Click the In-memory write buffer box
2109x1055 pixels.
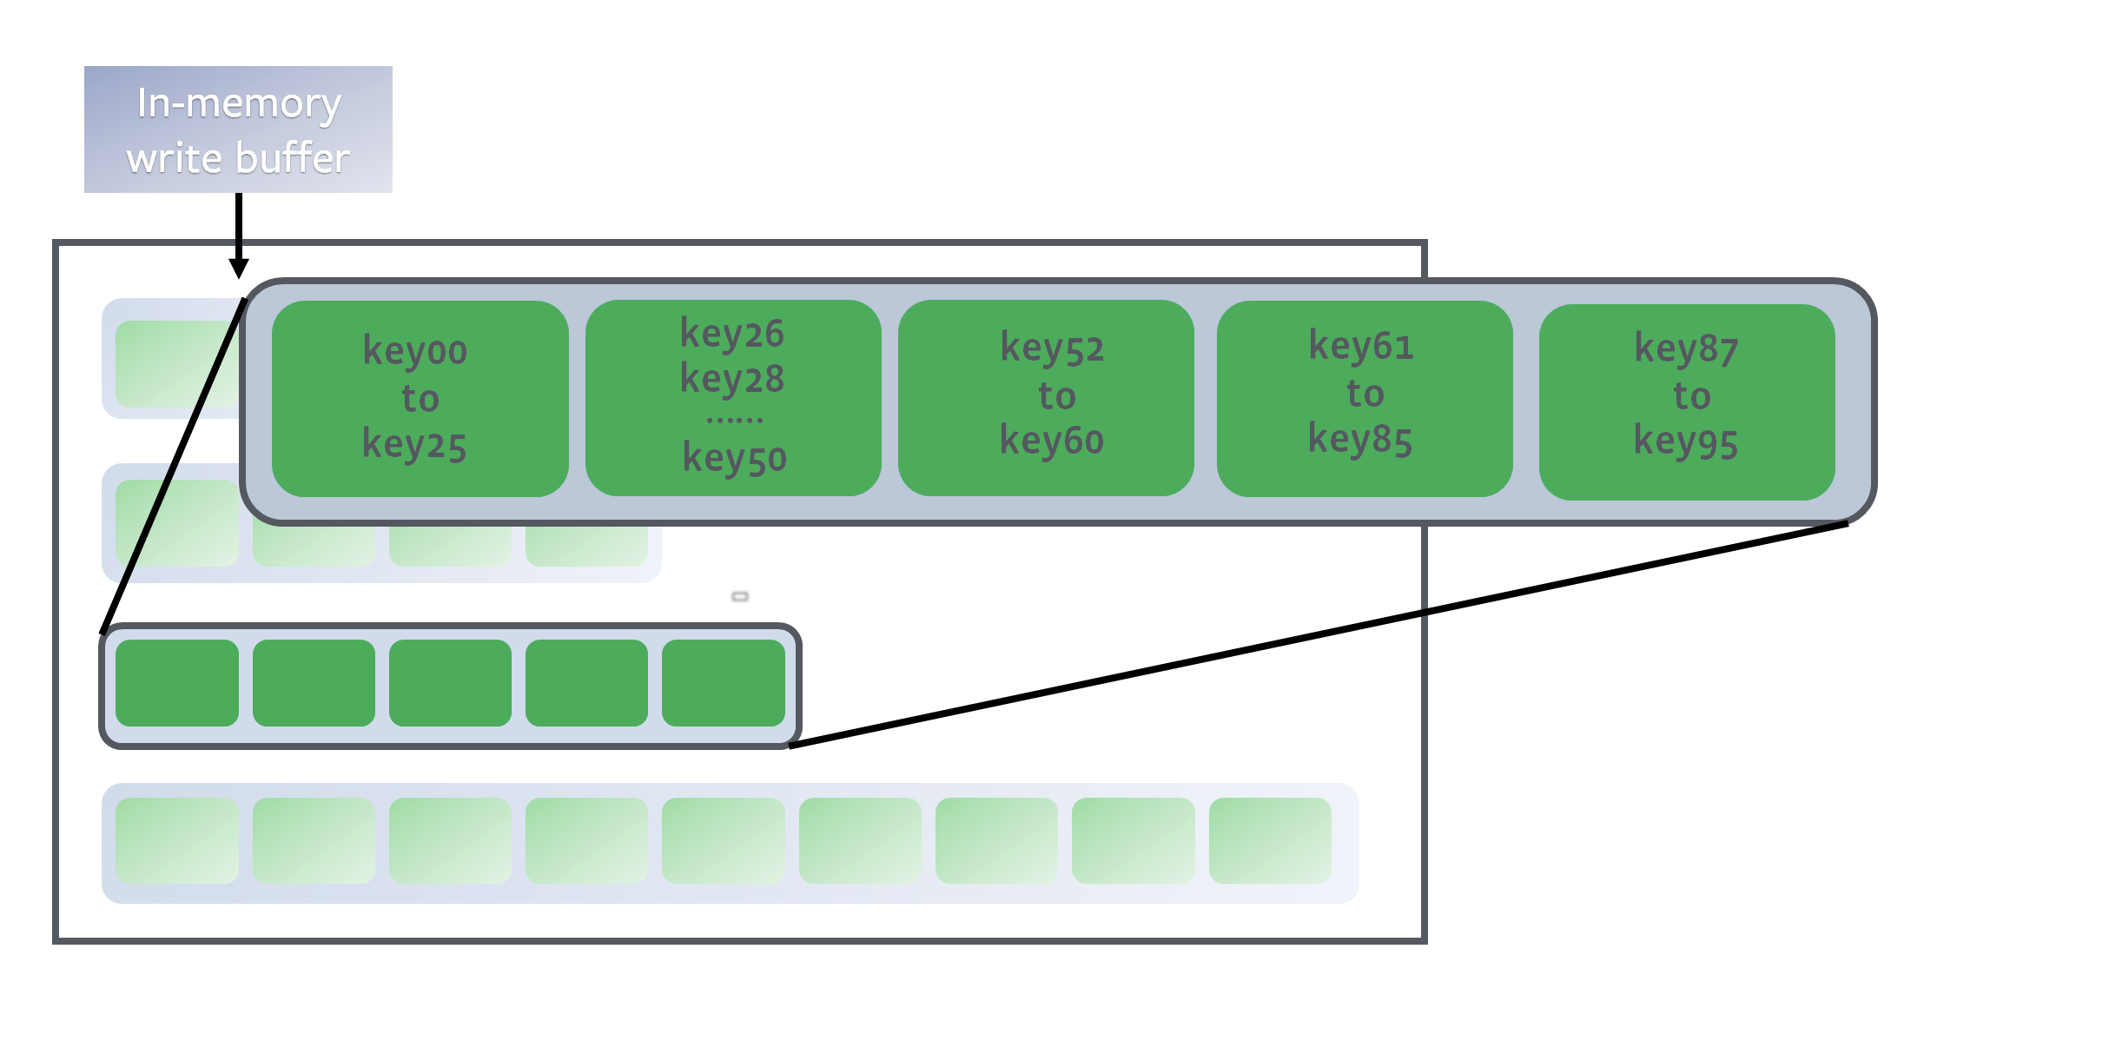pos(238,129)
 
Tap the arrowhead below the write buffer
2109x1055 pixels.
pos(239,268)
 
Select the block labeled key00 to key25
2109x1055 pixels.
pos(420,399)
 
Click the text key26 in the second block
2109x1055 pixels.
pos(732,334)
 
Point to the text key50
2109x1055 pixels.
pos(734,458)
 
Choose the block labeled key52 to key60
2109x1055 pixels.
pos(1046,398)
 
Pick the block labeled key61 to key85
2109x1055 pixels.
pos(1365,398)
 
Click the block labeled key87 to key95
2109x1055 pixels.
pos(1687,401)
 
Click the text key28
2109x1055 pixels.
pos(732,379)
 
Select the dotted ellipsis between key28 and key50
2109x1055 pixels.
pos(734,420)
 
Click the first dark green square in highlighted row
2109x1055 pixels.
pos(177,683)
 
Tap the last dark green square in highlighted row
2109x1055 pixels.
pos(723,683)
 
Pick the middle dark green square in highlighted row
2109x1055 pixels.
pos(450,683)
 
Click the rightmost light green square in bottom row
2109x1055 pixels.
pos(1270,841)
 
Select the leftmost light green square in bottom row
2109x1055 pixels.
pos(177,841)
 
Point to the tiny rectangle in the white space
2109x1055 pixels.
pos(740,596)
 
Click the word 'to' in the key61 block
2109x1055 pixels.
pos(1365,394)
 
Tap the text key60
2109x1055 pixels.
pos(1051,441)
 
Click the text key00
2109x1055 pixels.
pos(415,350)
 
